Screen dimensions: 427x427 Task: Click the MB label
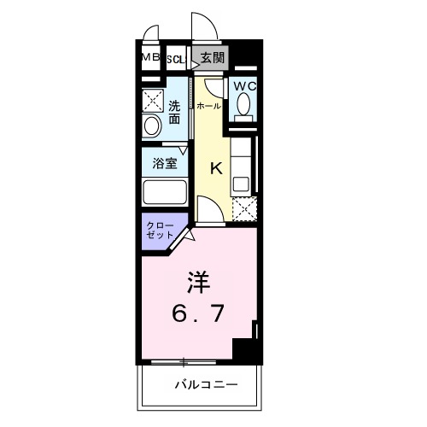coord(150,58)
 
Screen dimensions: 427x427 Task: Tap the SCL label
coord(175,59)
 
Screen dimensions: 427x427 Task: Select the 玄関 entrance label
coord(213,58)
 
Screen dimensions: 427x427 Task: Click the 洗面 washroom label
coord(174,113)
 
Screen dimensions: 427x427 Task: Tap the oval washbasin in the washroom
coord(152,126)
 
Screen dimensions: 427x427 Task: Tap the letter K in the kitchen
coord(216,167)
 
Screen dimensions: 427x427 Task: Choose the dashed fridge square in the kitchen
coord(244,208)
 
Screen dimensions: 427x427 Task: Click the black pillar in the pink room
coord(245,350)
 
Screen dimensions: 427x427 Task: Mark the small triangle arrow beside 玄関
coord(196,58)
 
